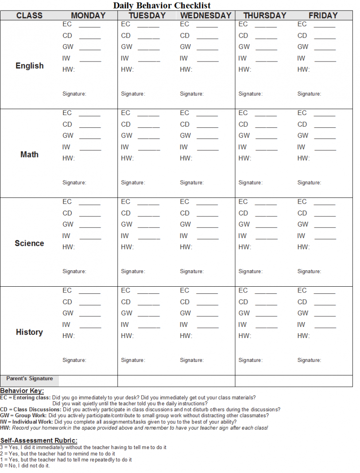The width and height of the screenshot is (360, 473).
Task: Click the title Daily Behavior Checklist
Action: click(162, 5)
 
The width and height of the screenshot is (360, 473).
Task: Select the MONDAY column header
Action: click(88, 15)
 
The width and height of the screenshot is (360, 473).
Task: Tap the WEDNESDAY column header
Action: click(206, 15)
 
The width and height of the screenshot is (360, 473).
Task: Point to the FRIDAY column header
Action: click(323, 15)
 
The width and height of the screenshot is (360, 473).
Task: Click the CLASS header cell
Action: click(29, 15)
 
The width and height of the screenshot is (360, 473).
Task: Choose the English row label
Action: click(30, 66)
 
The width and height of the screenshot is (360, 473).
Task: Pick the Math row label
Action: click(30, 154)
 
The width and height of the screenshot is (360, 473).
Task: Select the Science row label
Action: click(30, 243)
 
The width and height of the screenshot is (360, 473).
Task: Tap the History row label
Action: click(30, 332)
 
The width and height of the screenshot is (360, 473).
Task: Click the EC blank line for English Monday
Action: click(90, 27)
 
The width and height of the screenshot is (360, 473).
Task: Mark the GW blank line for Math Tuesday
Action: click(148, 138)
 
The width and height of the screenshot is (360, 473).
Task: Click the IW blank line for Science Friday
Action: click(325, 238)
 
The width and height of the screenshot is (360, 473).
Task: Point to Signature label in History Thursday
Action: click(250, 360)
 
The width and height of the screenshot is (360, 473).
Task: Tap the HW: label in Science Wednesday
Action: click(186, 247)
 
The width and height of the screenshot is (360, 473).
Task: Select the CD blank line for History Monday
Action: click(90, 304)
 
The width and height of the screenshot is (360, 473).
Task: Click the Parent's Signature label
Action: click(30, 379)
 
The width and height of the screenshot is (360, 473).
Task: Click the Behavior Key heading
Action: click(22, 391)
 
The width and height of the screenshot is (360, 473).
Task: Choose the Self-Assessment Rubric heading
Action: click(39, 441)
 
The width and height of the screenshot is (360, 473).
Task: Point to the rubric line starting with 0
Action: click(25, 465)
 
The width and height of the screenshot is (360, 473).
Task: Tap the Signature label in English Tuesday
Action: click(133, 94)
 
